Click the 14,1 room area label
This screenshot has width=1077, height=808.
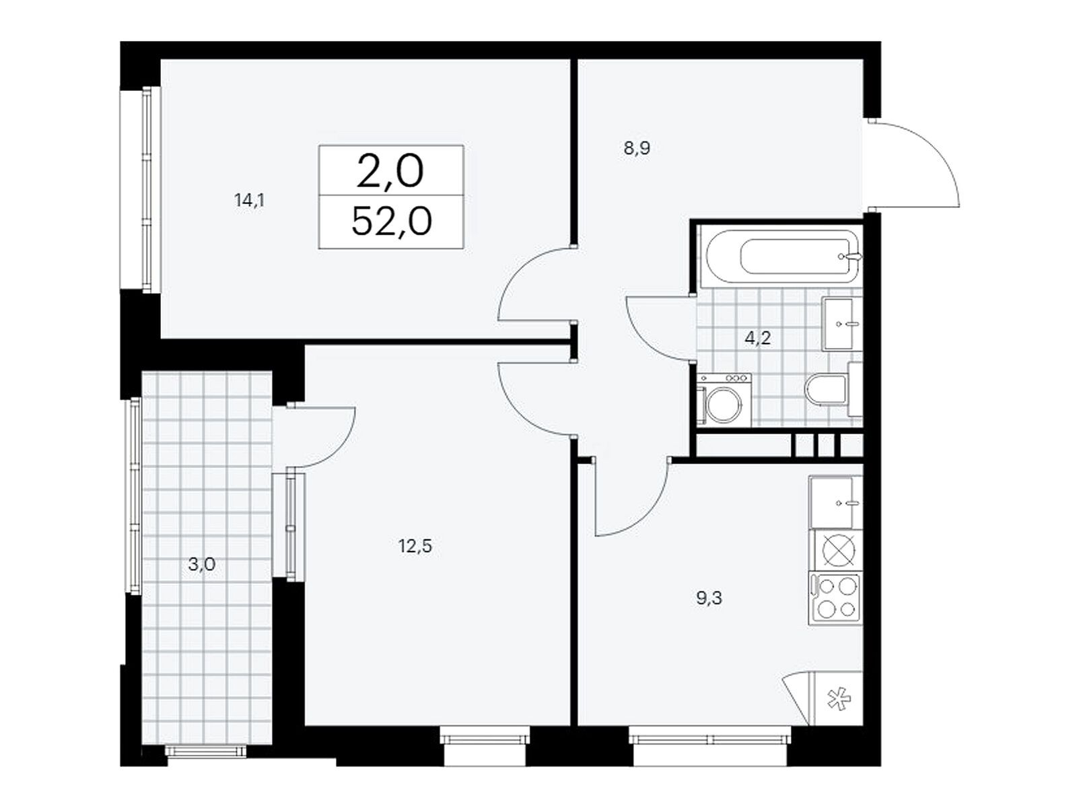point(249,201)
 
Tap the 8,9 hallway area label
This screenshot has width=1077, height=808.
point(637,147)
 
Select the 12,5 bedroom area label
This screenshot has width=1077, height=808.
point(415,545)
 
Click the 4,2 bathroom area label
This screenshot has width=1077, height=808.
point(757,338)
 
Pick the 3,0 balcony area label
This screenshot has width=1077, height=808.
point(202,565)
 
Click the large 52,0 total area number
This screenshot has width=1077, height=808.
point(392,222)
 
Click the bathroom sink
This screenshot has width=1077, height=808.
point(843,324)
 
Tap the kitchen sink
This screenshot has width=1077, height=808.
point(836,502)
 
